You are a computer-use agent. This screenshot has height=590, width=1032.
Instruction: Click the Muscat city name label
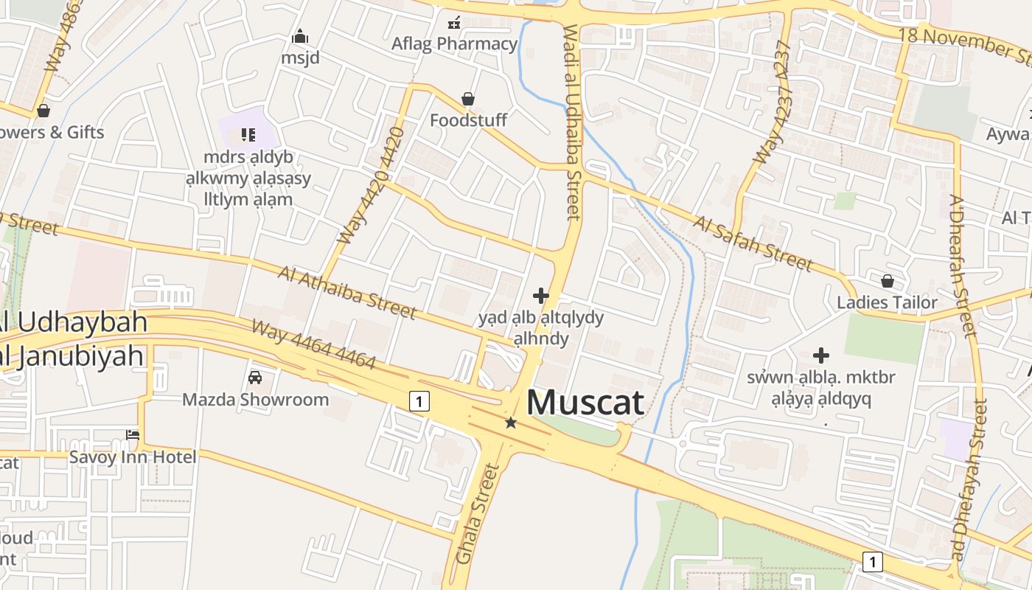click(585, 403)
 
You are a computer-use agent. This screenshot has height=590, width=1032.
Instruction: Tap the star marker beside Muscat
click(510, 423)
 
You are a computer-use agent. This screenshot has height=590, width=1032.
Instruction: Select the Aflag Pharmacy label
click(454, 44)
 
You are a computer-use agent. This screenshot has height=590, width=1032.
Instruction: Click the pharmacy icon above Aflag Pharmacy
click(454, 23)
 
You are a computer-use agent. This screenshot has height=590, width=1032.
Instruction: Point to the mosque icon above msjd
click(300, 36)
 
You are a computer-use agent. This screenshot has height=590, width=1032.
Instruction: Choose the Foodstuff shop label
click(468, 119)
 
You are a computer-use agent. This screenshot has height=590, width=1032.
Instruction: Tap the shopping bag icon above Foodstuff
click(467, 99)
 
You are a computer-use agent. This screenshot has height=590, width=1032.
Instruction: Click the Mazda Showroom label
click(255, 400)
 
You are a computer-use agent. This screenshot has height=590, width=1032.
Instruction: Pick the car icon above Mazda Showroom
click(255, 378)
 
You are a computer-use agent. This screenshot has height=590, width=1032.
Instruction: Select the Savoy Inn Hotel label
click(133, 457)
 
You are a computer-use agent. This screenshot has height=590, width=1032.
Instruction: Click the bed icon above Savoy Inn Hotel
click(133, 435)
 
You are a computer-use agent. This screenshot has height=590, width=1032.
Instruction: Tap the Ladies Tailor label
click(887, 302)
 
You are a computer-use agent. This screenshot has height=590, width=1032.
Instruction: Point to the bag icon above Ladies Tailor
click(888, 281)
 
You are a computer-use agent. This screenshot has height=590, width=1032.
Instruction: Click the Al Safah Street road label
click(753, 243)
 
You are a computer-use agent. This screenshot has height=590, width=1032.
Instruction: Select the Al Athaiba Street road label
click(347, 292)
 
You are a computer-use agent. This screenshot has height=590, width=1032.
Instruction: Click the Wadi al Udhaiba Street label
click(573, 122)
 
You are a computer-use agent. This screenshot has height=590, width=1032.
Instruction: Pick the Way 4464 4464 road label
click(313, 344)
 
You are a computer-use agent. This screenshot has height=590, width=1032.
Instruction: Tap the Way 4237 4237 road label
click(773, 103)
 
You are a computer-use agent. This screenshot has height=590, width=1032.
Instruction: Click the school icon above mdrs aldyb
click(248, 134)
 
